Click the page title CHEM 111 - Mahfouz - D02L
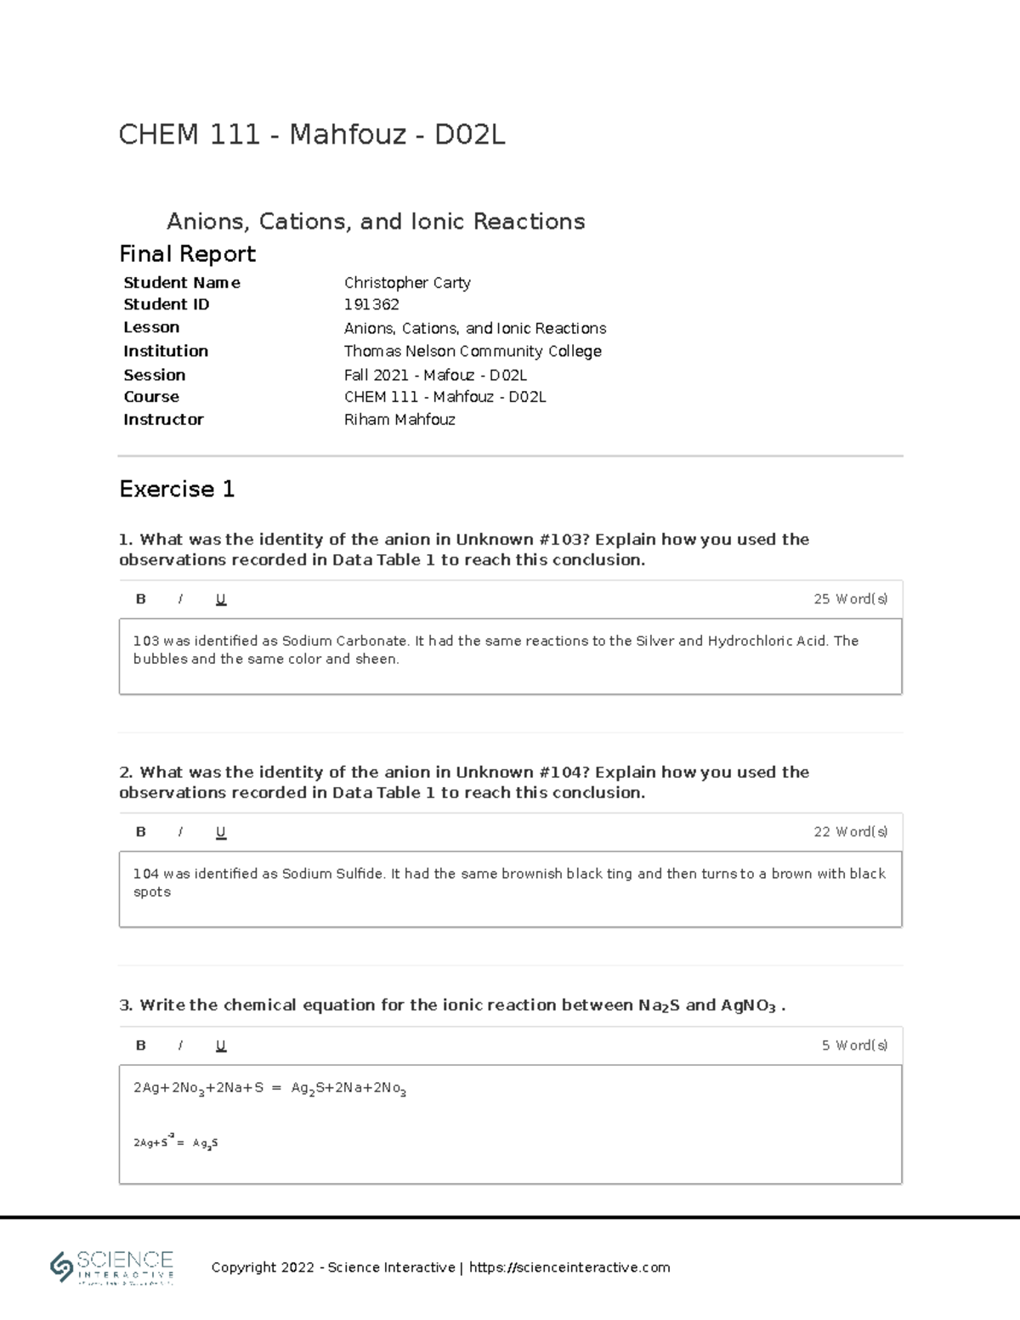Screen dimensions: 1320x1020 coord(312,134)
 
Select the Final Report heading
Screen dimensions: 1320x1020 coord(187,254)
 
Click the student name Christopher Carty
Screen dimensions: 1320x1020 coord(406,283)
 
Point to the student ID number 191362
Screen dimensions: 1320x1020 coord(371,304)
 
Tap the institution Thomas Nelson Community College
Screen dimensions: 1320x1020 coord(472,351)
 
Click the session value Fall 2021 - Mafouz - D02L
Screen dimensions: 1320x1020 coord(435,375)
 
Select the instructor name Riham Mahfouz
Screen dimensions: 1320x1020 coord(399,420)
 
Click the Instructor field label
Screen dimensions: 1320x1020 coord(163,420)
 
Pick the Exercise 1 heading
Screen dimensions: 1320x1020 coord(177,489)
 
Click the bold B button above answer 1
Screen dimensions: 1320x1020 coord(141,599)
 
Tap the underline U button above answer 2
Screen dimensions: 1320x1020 coord(221,832)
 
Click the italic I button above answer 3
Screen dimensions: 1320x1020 coord(180,1045)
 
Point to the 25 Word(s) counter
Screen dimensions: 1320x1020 coord(850,599)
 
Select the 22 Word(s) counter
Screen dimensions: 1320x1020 coord(850,832)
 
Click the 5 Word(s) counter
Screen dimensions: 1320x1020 coord(854,1045)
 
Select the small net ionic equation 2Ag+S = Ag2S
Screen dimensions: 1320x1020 coord(176,1143)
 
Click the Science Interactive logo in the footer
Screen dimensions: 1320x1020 coord(112,1266)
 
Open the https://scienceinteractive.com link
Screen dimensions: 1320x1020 coord(569,1267)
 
